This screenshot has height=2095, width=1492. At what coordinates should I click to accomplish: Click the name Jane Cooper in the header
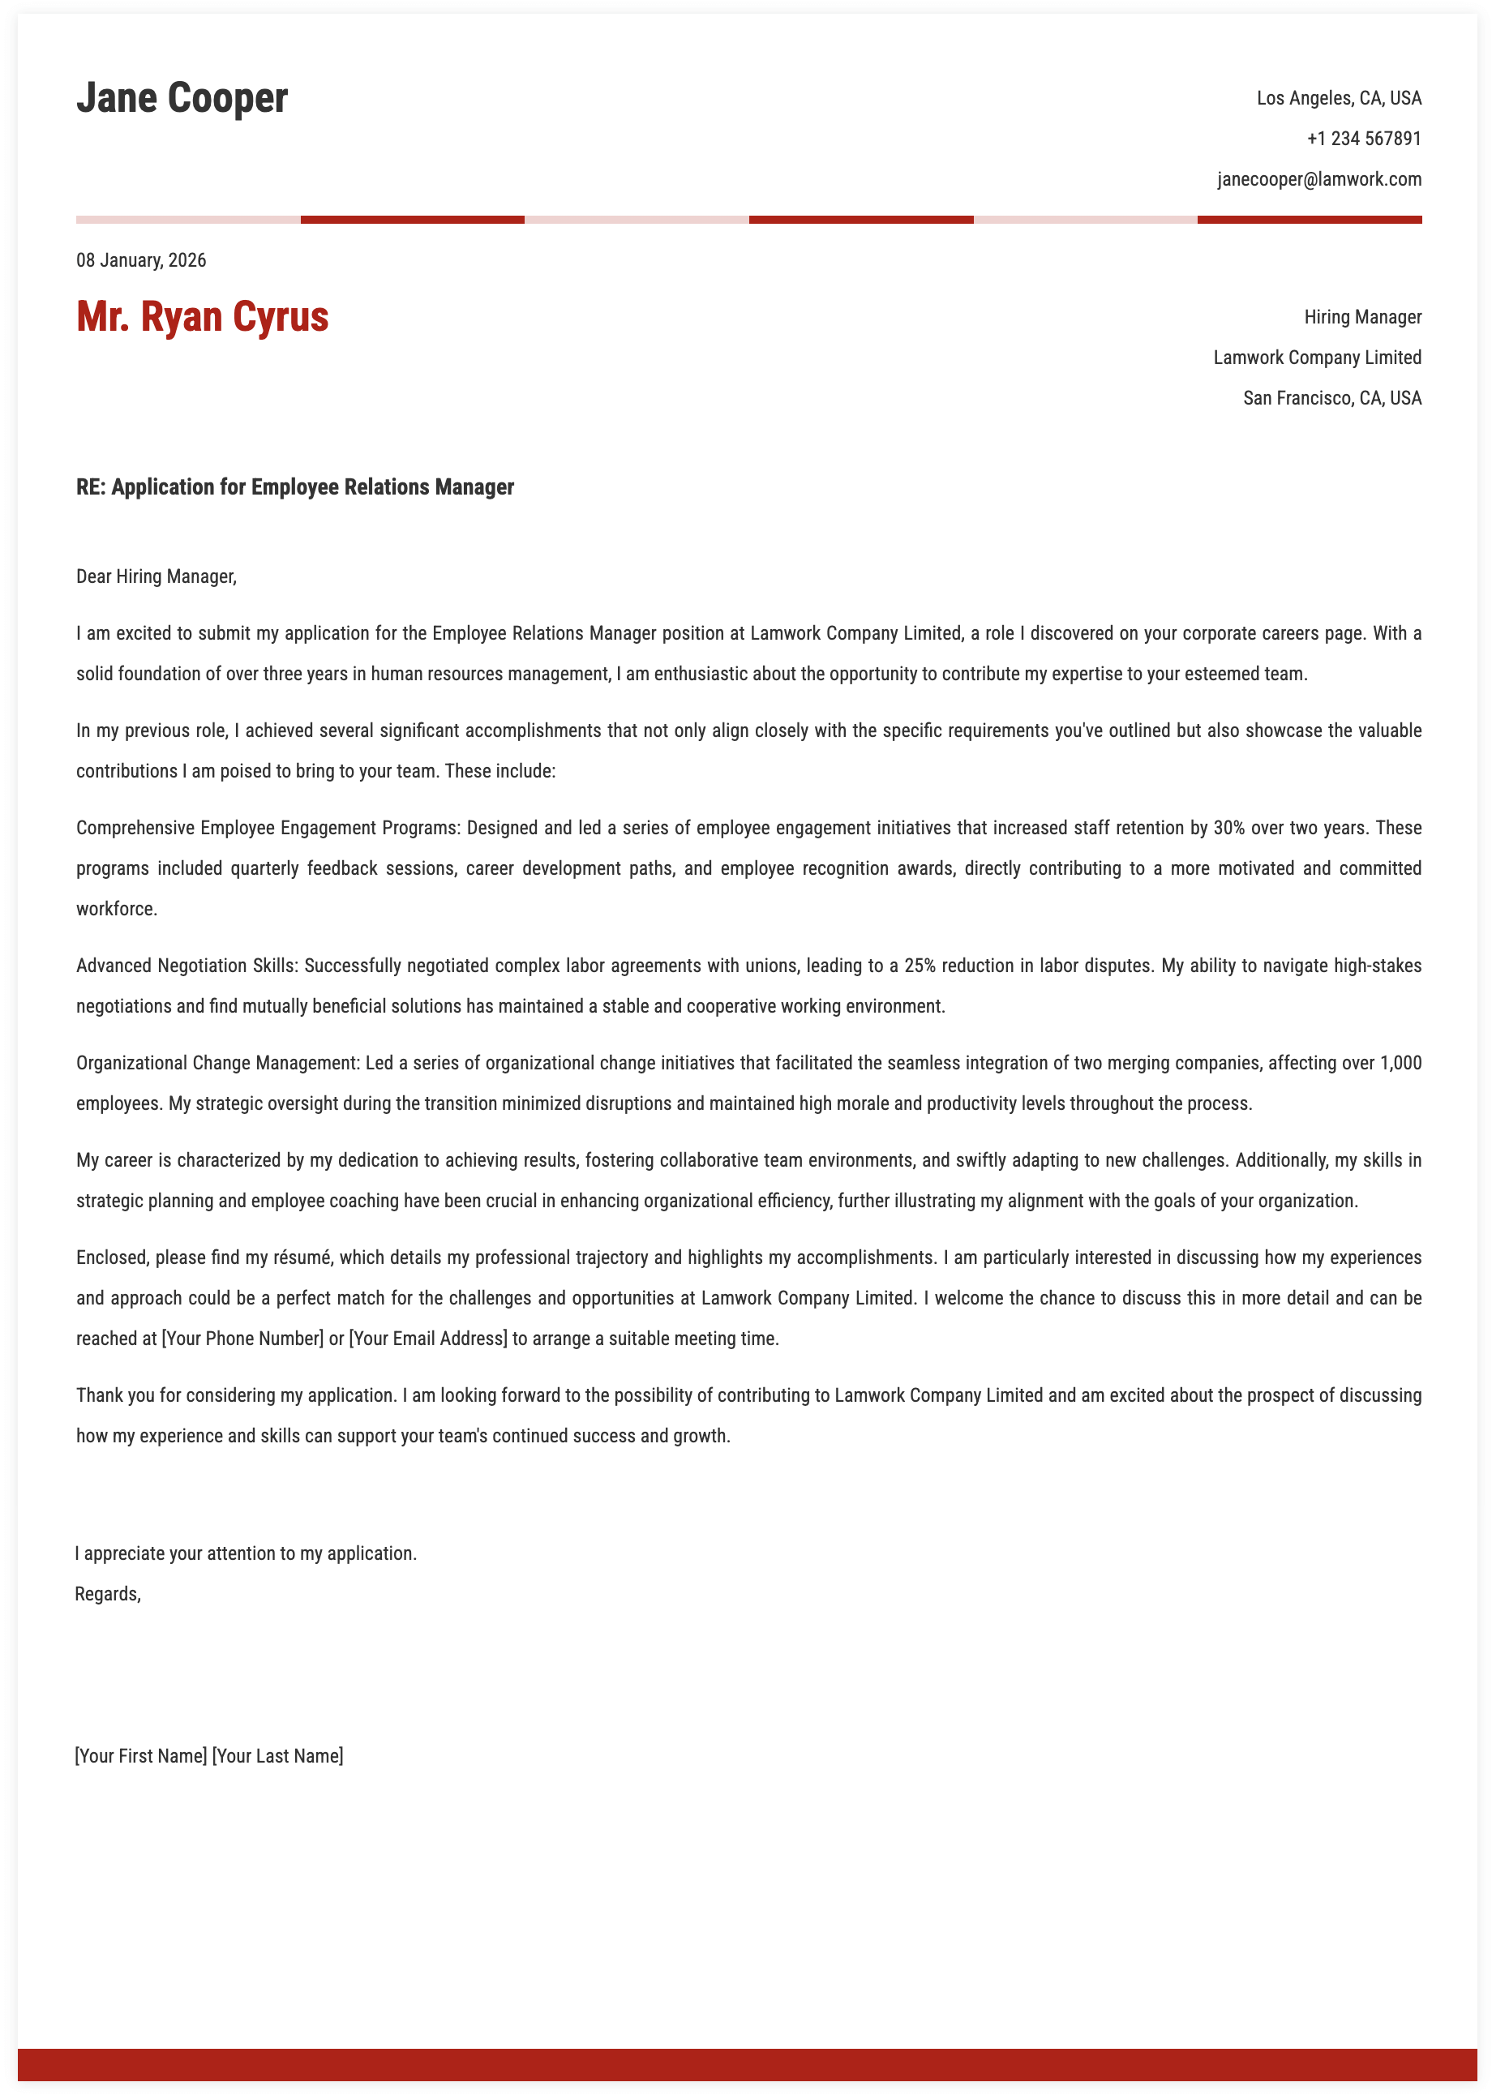pyautogui.click(x=182, y=98)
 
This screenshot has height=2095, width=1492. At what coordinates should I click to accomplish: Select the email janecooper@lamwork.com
pyautogui.click(x=1318, y=179)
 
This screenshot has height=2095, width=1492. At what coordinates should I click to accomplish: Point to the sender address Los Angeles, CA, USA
pyautogui.click(x=1338, y=98)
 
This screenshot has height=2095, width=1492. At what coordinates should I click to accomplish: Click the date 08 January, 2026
pyautogui.click(x=140, y=260)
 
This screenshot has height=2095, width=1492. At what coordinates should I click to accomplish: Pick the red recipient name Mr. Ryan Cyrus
pyautogui.click(x=202, y=317)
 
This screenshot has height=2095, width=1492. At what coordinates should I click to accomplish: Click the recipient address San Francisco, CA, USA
pyautogui.click(x=1331, y=398)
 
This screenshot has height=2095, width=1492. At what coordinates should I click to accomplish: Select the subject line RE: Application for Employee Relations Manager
pyautogui.click(x=295, y=486)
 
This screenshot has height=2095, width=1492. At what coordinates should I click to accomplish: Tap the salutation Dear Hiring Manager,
pyautogui.click(x=156, y=576)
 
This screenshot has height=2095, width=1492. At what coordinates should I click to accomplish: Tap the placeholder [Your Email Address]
pyautogui.click(x=427, y=1339)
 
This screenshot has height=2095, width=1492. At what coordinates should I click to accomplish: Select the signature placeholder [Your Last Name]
pyautogui.click(x=277, y=1755)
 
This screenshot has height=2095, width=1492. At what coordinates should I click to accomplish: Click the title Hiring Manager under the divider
pyautogui.click(x=1361, y=317)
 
